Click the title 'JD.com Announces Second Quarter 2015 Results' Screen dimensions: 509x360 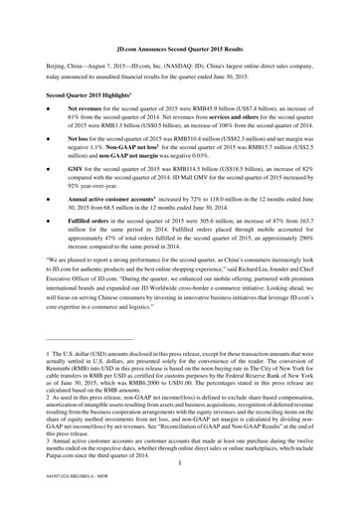pyautogui.click(x=180, y=46)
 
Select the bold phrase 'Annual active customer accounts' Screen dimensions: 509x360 pyautogui.click(x=115, y=202)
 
